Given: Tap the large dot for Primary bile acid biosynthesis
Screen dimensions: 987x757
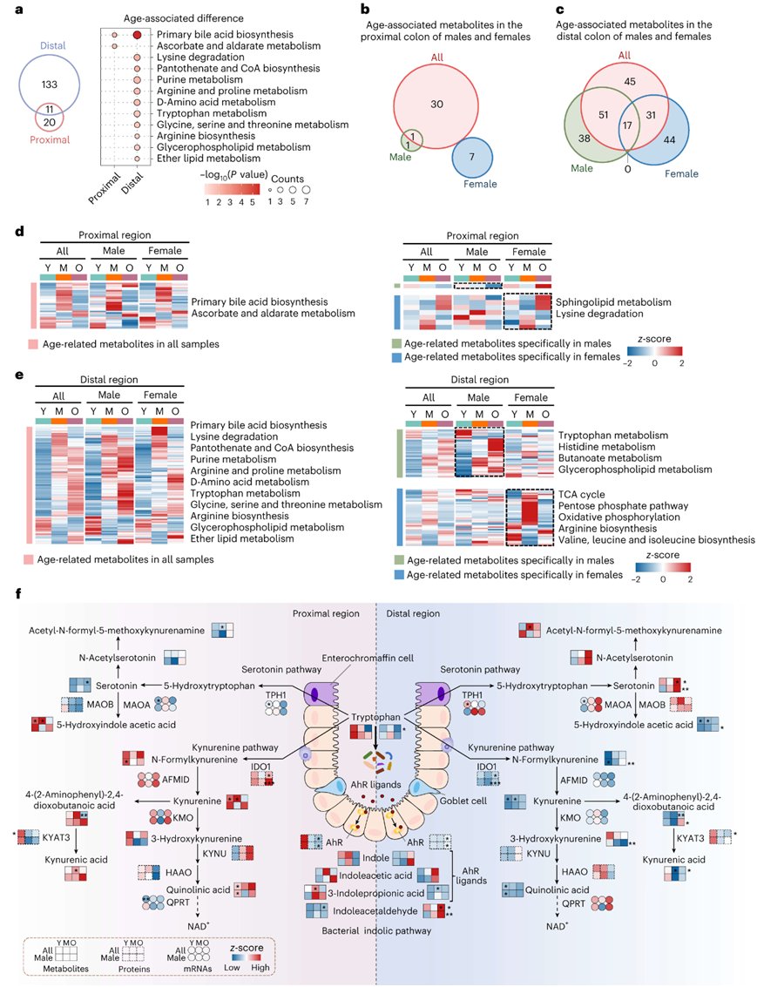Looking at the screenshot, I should point(138,35).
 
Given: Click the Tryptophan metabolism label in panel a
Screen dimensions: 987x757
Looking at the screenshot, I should point(206,112).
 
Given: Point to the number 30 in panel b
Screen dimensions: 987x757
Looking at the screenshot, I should point(437,104).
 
